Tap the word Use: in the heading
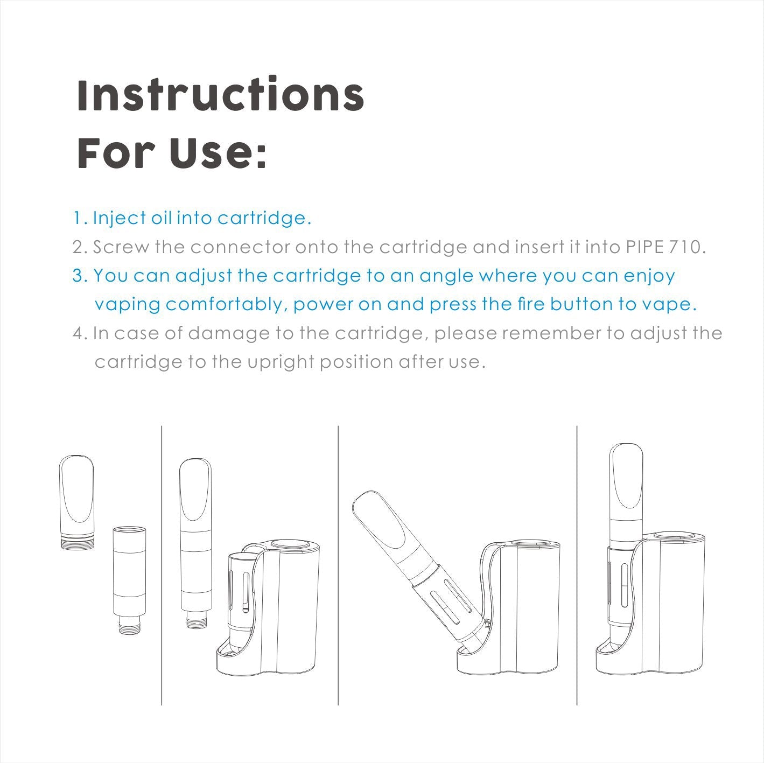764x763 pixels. coord(219,152)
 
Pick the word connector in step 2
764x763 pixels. coord(240,248)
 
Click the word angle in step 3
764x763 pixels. coord(446,276)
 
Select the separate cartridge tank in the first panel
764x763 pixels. coord(129,586)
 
